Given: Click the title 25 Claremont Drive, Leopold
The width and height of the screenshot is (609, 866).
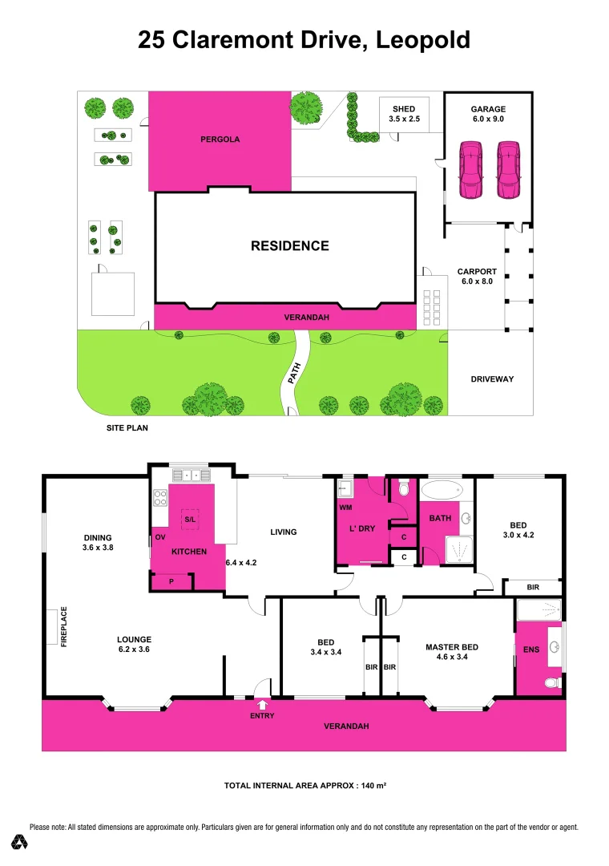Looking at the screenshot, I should click(x=304, y=40).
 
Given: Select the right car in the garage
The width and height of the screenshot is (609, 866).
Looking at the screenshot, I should click(x=507, y=170).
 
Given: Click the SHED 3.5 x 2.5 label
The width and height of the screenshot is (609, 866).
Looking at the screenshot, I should click(x=404, y=114).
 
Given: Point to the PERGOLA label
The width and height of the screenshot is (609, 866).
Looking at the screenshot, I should click(x=220, y=140).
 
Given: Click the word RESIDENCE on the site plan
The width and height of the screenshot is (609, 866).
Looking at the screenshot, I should click(x=289, y=246).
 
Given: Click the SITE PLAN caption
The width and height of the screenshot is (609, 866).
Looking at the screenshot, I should click(x=127, y=428).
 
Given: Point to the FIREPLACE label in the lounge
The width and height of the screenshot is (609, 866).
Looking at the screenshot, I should click(x=64, y=627).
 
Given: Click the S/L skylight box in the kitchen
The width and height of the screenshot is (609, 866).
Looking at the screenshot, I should click(x=190, y=520).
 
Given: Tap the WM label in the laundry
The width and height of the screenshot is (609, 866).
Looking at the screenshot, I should click(x=345, y=508).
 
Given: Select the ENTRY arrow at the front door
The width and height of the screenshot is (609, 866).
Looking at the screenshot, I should click(x=262, y=705).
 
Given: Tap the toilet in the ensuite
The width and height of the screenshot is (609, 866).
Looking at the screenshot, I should click(x=552, y=683).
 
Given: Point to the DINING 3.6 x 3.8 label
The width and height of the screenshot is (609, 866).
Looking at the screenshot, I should click(x=97, y=543).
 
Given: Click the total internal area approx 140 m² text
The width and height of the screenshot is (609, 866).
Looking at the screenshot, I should click(x=304, y=786).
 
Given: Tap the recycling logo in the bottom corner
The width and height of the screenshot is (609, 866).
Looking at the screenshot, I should click(x=20, y=842).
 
